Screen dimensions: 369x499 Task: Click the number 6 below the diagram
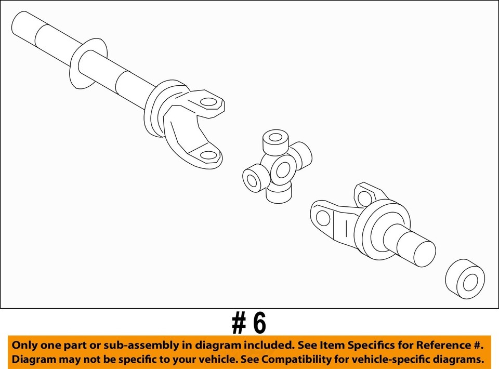(258, 323)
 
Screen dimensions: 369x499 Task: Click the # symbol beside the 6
(239, 323)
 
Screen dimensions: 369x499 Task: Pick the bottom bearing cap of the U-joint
(279, 194)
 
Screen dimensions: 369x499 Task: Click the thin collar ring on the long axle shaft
(87, 62)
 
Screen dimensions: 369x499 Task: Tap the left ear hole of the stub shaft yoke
(323, 216)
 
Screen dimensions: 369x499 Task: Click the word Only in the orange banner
(26, 345)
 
